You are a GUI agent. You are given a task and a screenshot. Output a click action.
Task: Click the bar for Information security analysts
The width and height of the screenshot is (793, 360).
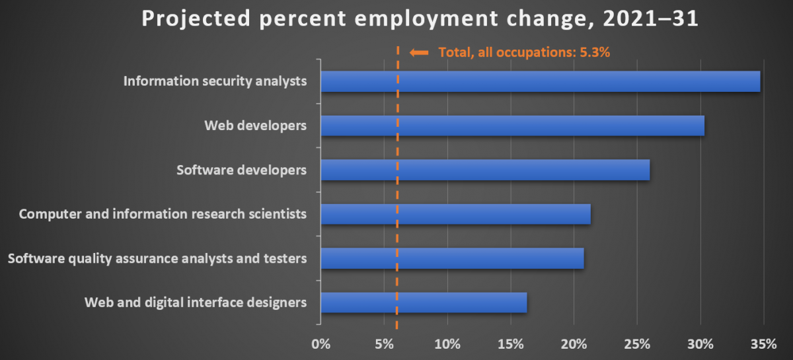pyautogui.click(x=540, y=82)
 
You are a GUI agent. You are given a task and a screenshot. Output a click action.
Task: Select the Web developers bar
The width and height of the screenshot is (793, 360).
pyautogui.click(x=512, y=126)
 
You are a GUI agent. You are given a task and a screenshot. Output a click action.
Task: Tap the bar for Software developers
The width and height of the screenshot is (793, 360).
pyautogui.click(x=485, y=170)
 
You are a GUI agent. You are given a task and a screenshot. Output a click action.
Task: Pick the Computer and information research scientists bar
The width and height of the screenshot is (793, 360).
pyautogui.click(x=455, y=214)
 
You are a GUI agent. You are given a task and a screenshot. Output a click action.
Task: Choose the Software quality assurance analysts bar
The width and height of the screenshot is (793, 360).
pyautogui.click(x=452, y=258)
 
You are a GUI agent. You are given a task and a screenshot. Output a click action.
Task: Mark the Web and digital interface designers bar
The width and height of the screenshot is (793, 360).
pyautogui.click(x=424, y=303)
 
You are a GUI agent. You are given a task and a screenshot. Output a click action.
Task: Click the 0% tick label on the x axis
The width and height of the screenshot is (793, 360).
pyautogui.click(x=321, y=344)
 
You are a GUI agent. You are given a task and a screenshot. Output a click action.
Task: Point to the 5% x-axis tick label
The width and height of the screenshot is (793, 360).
pyautogui.click(x=384, y=344)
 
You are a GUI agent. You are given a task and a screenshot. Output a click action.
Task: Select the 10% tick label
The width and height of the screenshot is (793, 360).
pyautogui.click(x=447, y=344)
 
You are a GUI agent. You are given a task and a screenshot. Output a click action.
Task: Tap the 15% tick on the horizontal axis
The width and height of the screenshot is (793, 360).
pyautogui.click(x=510, y=344)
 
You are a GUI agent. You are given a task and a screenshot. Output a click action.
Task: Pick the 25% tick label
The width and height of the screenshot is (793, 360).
pyautogui.click(x=636, y=344)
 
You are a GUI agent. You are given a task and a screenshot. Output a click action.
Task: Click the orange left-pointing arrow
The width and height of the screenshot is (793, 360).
pyautogui.click(x=419, y=52)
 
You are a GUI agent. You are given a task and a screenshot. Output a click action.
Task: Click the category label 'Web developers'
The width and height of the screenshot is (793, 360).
pyautogui.click(x=255, y=126)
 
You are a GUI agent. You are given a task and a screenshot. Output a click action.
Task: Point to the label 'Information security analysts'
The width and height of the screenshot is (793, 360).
pyautogui.click(x=215, y=82)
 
